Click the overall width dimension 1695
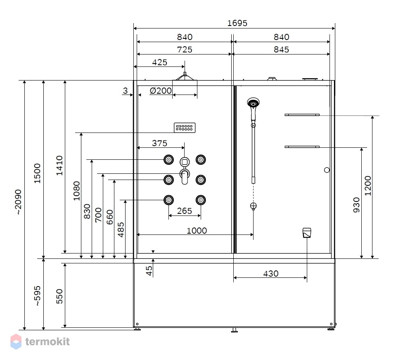coord(237,23)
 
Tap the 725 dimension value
coord(185,50)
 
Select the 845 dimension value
coord(281,50)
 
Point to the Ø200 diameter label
coord(161,91)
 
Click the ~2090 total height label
coord(18,202)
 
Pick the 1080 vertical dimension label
coord(76,191)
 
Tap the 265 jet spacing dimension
coord(184,211)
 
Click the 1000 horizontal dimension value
coord(197,230)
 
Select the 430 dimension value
coord(271,274)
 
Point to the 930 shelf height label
coord(356,205)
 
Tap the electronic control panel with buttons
coord(185,128)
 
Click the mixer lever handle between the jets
coord(185,176)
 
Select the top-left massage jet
coord(168,159)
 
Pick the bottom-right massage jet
coord(201,200)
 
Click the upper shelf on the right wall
coord(302,115)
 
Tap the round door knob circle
coord(327,170)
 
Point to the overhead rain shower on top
coord(185,76)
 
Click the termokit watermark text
coord(47,341)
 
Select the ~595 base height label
coord(38,296)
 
